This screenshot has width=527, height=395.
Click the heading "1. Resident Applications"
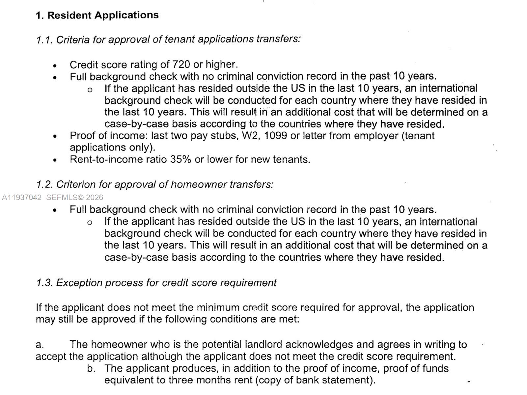[97, 15]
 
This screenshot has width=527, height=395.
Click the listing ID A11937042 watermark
[22, 197]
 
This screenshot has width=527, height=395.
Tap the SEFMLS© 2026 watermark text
[75, 197]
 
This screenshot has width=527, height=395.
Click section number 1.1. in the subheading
[44, 40]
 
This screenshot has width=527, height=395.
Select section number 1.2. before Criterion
[44, 185]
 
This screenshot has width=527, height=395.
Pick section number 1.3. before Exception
[44, 283]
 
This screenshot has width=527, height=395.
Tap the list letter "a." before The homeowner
[40, 345]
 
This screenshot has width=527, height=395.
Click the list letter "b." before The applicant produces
[91, 368]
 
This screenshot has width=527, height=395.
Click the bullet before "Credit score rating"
[55, 66]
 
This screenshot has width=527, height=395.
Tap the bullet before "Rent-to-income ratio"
[55, 161]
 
